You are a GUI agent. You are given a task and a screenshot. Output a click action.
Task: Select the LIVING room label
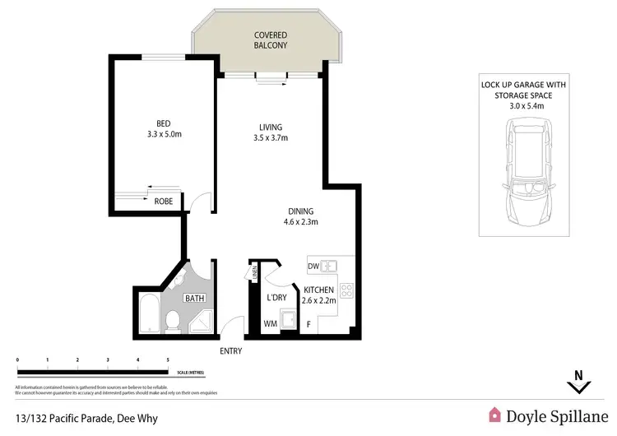click(271, 127)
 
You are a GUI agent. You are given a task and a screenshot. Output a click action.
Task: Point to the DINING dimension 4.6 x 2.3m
click(300, 221)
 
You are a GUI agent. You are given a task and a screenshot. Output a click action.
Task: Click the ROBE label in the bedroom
click(164, 200)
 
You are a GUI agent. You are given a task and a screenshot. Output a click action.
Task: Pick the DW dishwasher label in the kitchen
click(313, 266)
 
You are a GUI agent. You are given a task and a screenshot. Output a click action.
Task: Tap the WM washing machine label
click(269, 324)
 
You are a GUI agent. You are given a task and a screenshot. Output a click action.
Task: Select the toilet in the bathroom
click(172, 321)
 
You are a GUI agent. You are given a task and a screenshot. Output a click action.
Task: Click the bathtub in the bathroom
click(149, 313)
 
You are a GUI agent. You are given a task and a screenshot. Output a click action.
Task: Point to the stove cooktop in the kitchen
click(347, 290)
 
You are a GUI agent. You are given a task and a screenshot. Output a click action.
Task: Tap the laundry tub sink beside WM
click(289, 319)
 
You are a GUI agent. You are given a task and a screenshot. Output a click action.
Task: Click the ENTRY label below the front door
click(232, 350)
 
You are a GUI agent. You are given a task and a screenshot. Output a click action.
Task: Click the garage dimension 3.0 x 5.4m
click(523, 105)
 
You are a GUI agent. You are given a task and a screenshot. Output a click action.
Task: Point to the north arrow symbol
click(578, 382)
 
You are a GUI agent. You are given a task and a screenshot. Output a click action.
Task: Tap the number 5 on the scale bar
click(168, 360)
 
